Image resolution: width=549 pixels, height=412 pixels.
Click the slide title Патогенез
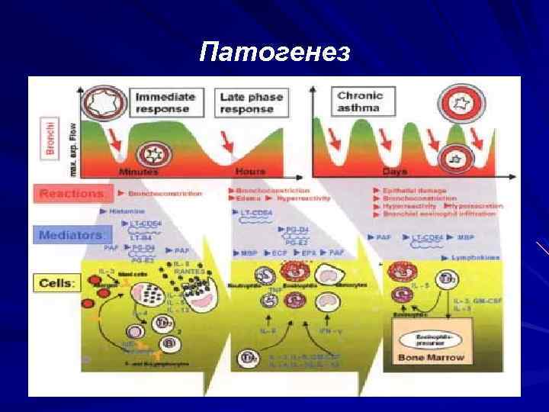[x=274, y=52]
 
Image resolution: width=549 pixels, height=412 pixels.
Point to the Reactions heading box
[x=70, y=194]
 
